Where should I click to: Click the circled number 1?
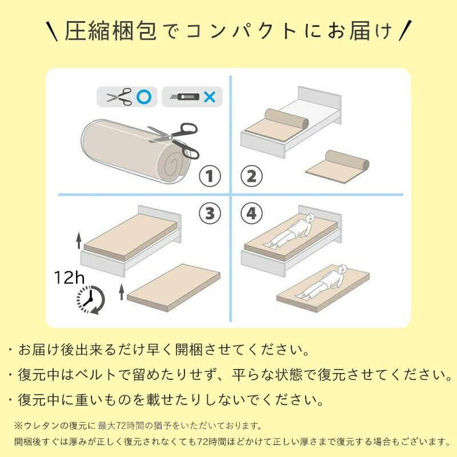point(210,177)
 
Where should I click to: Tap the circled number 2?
point(251,177)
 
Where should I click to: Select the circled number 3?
point(210,213)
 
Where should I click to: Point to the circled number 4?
point(251,213)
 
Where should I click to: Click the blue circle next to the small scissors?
point(144,97)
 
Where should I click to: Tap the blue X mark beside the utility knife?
point(210,97)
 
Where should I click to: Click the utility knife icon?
point(184,97)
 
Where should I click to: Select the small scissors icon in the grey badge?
point(119,97)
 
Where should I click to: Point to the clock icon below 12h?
point(91,300)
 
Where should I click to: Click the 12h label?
point(69,277)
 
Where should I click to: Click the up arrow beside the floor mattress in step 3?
point(122,292)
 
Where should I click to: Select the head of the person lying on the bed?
point(310,217)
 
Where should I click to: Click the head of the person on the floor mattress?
point(342,269)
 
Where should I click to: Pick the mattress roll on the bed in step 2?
point(287,119)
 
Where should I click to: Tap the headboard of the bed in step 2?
point(319,105)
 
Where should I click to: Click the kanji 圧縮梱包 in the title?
point(111,31)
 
